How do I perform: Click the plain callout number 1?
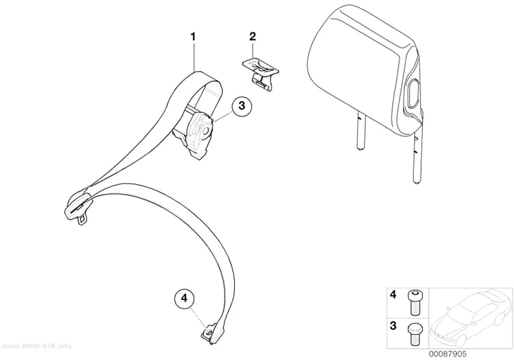(193, 36)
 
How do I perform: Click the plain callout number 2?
(253, 36)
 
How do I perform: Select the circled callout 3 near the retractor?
(242, 106)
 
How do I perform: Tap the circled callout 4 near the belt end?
(184, 298)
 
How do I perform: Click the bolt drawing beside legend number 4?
(415, 302)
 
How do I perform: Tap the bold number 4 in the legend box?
(393, 294)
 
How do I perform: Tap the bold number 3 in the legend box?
(393, 326)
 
